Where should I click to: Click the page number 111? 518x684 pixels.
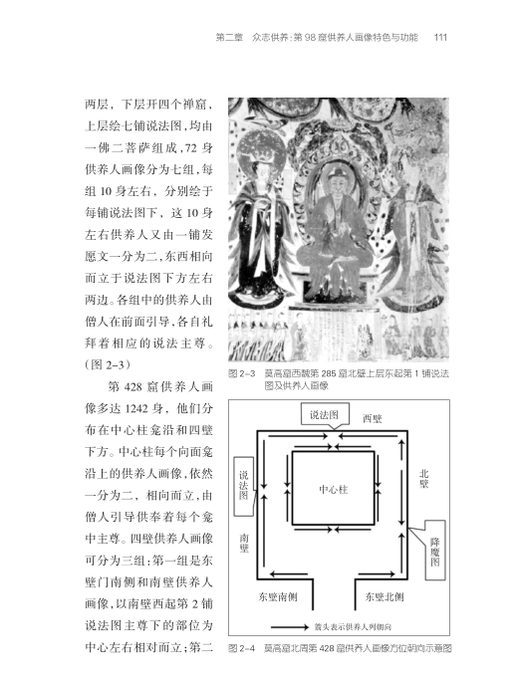[x=440, y=37]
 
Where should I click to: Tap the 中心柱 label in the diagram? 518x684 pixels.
[x=334, y=489]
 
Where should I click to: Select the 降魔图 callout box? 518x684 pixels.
[x=435, y=550]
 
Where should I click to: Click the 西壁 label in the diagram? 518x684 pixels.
[x=373, y=418]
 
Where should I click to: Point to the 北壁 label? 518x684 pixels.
[x=423, y=479]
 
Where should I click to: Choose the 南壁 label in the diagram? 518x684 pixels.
[x=244, y=543]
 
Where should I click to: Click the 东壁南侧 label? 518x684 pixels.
[x=278, y=596]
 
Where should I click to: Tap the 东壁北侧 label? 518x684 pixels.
[x=385, y=596]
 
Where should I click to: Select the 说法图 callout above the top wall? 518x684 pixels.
[x=325, y=414]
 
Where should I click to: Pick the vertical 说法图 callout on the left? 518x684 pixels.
[x=243, y=486]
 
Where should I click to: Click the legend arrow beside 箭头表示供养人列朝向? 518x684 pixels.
[x=290, y=627]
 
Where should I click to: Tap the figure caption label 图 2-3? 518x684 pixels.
[x=242, y=373]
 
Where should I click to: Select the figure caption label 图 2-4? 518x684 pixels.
[x=242, y=648]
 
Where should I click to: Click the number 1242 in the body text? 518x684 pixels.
[x=137, y=409]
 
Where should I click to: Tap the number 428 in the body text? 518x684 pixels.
[x=132, y=387]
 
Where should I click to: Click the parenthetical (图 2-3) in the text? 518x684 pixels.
[x=108, y=365]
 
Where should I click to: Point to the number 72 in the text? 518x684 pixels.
[x=191, y=148]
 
